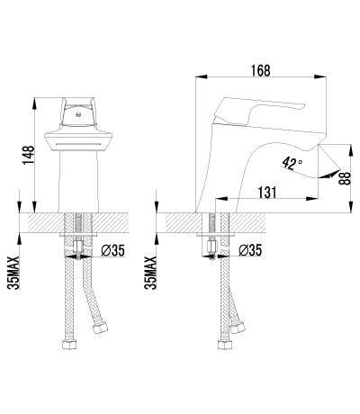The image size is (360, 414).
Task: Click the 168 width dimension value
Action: click(x=261, y=71)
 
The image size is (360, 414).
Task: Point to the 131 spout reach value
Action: click(x=266, y=193)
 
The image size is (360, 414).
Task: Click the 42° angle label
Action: click(x=292, y=164)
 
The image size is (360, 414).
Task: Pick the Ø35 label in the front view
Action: click(x=112, y=250)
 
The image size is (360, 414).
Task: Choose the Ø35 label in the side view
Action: click(x=250, y=250)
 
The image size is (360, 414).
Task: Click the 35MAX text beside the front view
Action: click(x=13, y=273)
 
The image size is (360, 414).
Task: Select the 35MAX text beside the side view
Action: click(x=150, y=273)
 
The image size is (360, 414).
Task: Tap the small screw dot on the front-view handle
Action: click(x=78, y=114)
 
